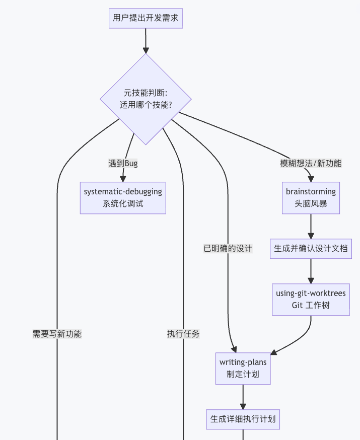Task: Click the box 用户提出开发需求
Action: coord(146,18)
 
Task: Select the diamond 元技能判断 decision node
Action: coord(146,99)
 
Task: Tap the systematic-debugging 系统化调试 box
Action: coord(123,198)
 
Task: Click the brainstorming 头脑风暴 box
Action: coord(311,198)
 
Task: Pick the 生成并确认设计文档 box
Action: coord(311,249)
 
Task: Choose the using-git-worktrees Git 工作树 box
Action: coord(311,300)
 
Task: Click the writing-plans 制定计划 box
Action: coord(243,369)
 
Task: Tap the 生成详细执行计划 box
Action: coord(243,419)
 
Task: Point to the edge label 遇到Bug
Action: coord(123,163)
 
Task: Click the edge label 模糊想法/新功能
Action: coord(311,163)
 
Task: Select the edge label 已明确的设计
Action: coord(228,249)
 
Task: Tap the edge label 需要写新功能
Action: coord(57,334)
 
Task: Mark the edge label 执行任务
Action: coord(183,334)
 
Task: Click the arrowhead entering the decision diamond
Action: coord(146,50)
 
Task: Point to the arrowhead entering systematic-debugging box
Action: coord(123,179)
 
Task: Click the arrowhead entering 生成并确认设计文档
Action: coord(311,236)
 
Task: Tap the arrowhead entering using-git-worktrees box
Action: coord(311,280)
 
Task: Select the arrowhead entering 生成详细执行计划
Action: coord(243,406)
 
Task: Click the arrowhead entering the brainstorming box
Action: coord(311,179)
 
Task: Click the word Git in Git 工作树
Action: coord(297,305)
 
